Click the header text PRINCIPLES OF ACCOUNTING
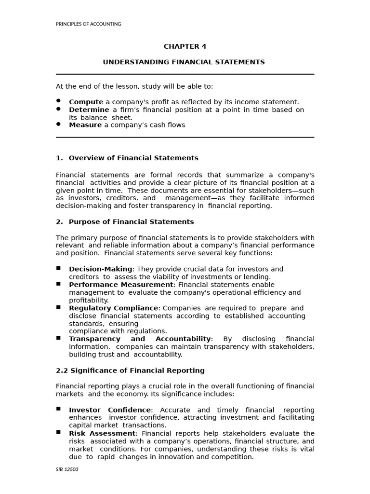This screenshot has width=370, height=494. (x=89, y=24)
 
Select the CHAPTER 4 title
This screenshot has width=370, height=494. (x=185, y=47)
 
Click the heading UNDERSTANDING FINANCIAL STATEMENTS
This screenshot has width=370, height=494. (x=184, y=62)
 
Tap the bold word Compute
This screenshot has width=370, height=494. (x=86, y=102)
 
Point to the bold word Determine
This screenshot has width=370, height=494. (x=89, y=110)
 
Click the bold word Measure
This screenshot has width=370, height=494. (x=85, y=125)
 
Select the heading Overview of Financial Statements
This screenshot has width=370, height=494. (x=133, y=158)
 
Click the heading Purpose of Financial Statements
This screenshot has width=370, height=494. (x=131, y=222)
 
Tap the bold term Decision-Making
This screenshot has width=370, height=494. (x=100, y=269)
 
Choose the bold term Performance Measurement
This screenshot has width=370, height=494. (x=121, y=285)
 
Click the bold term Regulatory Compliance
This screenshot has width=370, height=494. (x=113, y=308)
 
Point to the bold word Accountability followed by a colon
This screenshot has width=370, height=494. (x=184, y=339)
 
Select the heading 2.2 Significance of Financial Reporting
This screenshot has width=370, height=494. (x=130, y=370)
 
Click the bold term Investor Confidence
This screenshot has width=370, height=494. (x=110, y=410)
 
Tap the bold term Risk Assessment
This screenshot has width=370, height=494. (x=102, y=434)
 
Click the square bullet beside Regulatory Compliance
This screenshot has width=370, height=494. (x=58, y=307)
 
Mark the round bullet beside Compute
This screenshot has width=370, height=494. (x=58, y=100)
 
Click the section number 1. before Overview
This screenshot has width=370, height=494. (x=59, y=158)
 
